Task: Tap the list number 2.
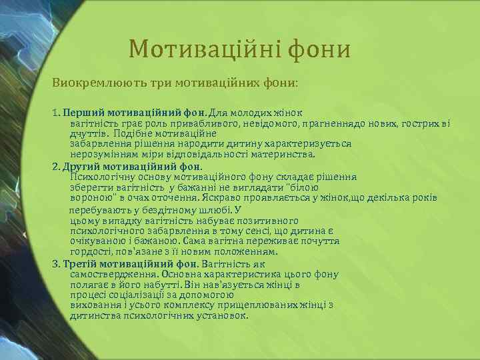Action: pyautogui.click(x=56, y=166)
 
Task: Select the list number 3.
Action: pyautogui.click(x=56, y=263)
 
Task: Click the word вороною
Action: pyautogui.click(x=91, y=198)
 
